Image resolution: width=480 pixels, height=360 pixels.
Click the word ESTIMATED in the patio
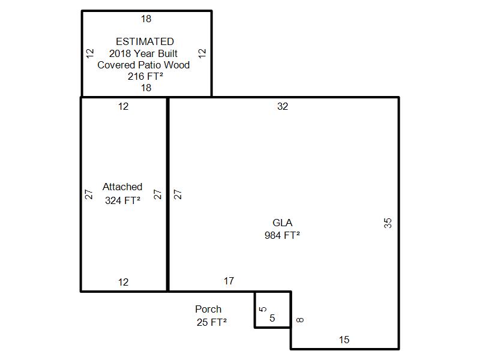[145, 41]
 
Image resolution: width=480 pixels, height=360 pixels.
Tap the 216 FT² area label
[145, 76]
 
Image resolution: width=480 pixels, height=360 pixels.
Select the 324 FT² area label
[123, 200]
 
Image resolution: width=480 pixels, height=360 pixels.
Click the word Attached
[122, 187]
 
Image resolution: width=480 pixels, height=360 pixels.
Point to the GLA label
[282, 223]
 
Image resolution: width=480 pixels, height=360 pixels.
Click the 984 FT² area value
[282, 235]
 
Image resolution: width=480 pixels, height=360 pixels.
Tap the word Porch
[208, 309]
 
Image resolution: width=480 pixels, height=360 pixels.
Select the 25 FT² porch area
[212, 322]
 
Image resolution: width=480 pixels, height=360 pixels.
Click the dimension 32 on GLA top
[283, 107]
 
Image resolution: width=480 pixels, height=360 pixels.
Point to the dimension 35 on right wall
[388, 223]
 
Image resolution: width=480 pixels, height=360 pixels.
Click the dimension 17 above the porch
[229, 281]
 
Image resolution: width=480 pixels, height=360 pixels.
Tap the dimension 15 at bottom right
[344, 340]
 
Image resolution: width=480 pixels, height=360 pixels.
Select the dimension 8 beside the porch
[300, 320]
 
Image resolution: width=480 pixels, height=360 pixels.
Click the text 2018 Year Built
[143, 53]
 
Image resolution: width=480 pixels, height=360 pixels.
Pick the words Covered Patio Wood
[143, 65]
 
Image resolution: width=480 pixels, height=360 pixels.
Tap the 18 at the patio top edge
[146, 19]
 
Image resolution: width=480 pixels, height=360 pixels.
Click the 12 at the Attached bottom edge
[124, 282]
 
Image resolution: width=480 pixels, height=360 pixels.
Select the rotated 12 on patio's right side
[202, 53]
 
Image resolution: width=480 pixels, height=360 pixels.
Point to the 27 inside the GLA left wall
[178, 194]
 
